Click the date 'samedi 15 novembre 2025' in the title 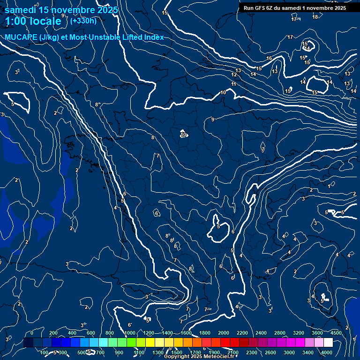61,10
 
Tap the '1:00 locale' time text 33,21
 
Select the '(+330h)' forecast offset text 83,21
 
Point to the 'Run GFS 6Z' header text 262,8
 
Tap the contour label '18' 315,17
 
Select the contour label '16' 269,58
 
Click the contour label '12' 234,75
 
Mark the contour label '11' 233,84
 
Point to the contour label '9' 213,120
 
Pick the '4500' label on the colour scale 336,333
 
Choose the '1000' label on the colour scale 130,333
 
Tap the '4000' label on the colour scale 327,352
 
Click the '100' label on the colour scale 45,352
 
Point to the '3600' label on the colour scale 317,333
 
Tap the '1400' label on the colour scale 167,333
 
